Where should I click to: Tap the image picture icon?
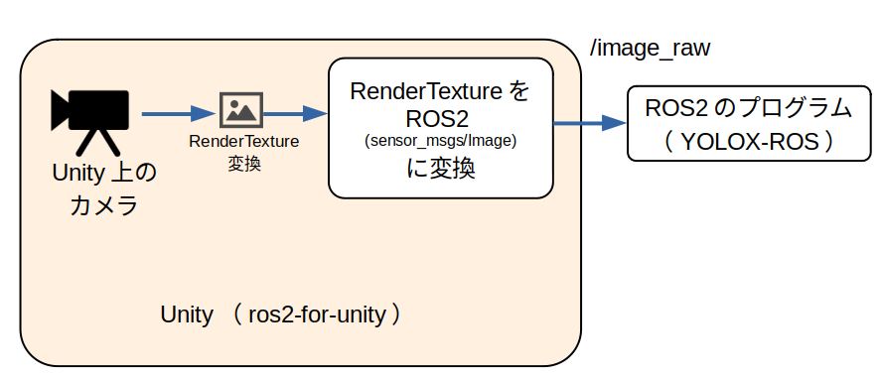241,109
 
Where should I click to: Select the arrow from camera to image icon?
179,113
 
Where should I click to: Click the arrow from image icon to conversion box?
294,113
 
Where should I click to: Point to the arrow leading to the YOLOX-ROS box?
589,123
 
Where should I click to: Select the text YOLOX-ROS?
750,141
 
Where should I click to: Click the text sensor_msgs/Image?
440,141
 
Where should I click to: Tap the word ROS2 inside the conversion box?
439,118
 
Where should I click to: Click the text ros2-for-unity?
315,314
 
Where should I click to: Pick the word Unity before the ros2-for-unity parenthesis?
186,314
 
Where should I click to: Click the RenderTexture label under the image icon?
243,141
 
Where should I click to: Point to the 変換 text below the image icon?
243,163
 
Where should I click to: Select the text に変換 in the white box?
440,168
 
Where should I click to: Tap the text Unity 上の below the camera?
103,174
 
